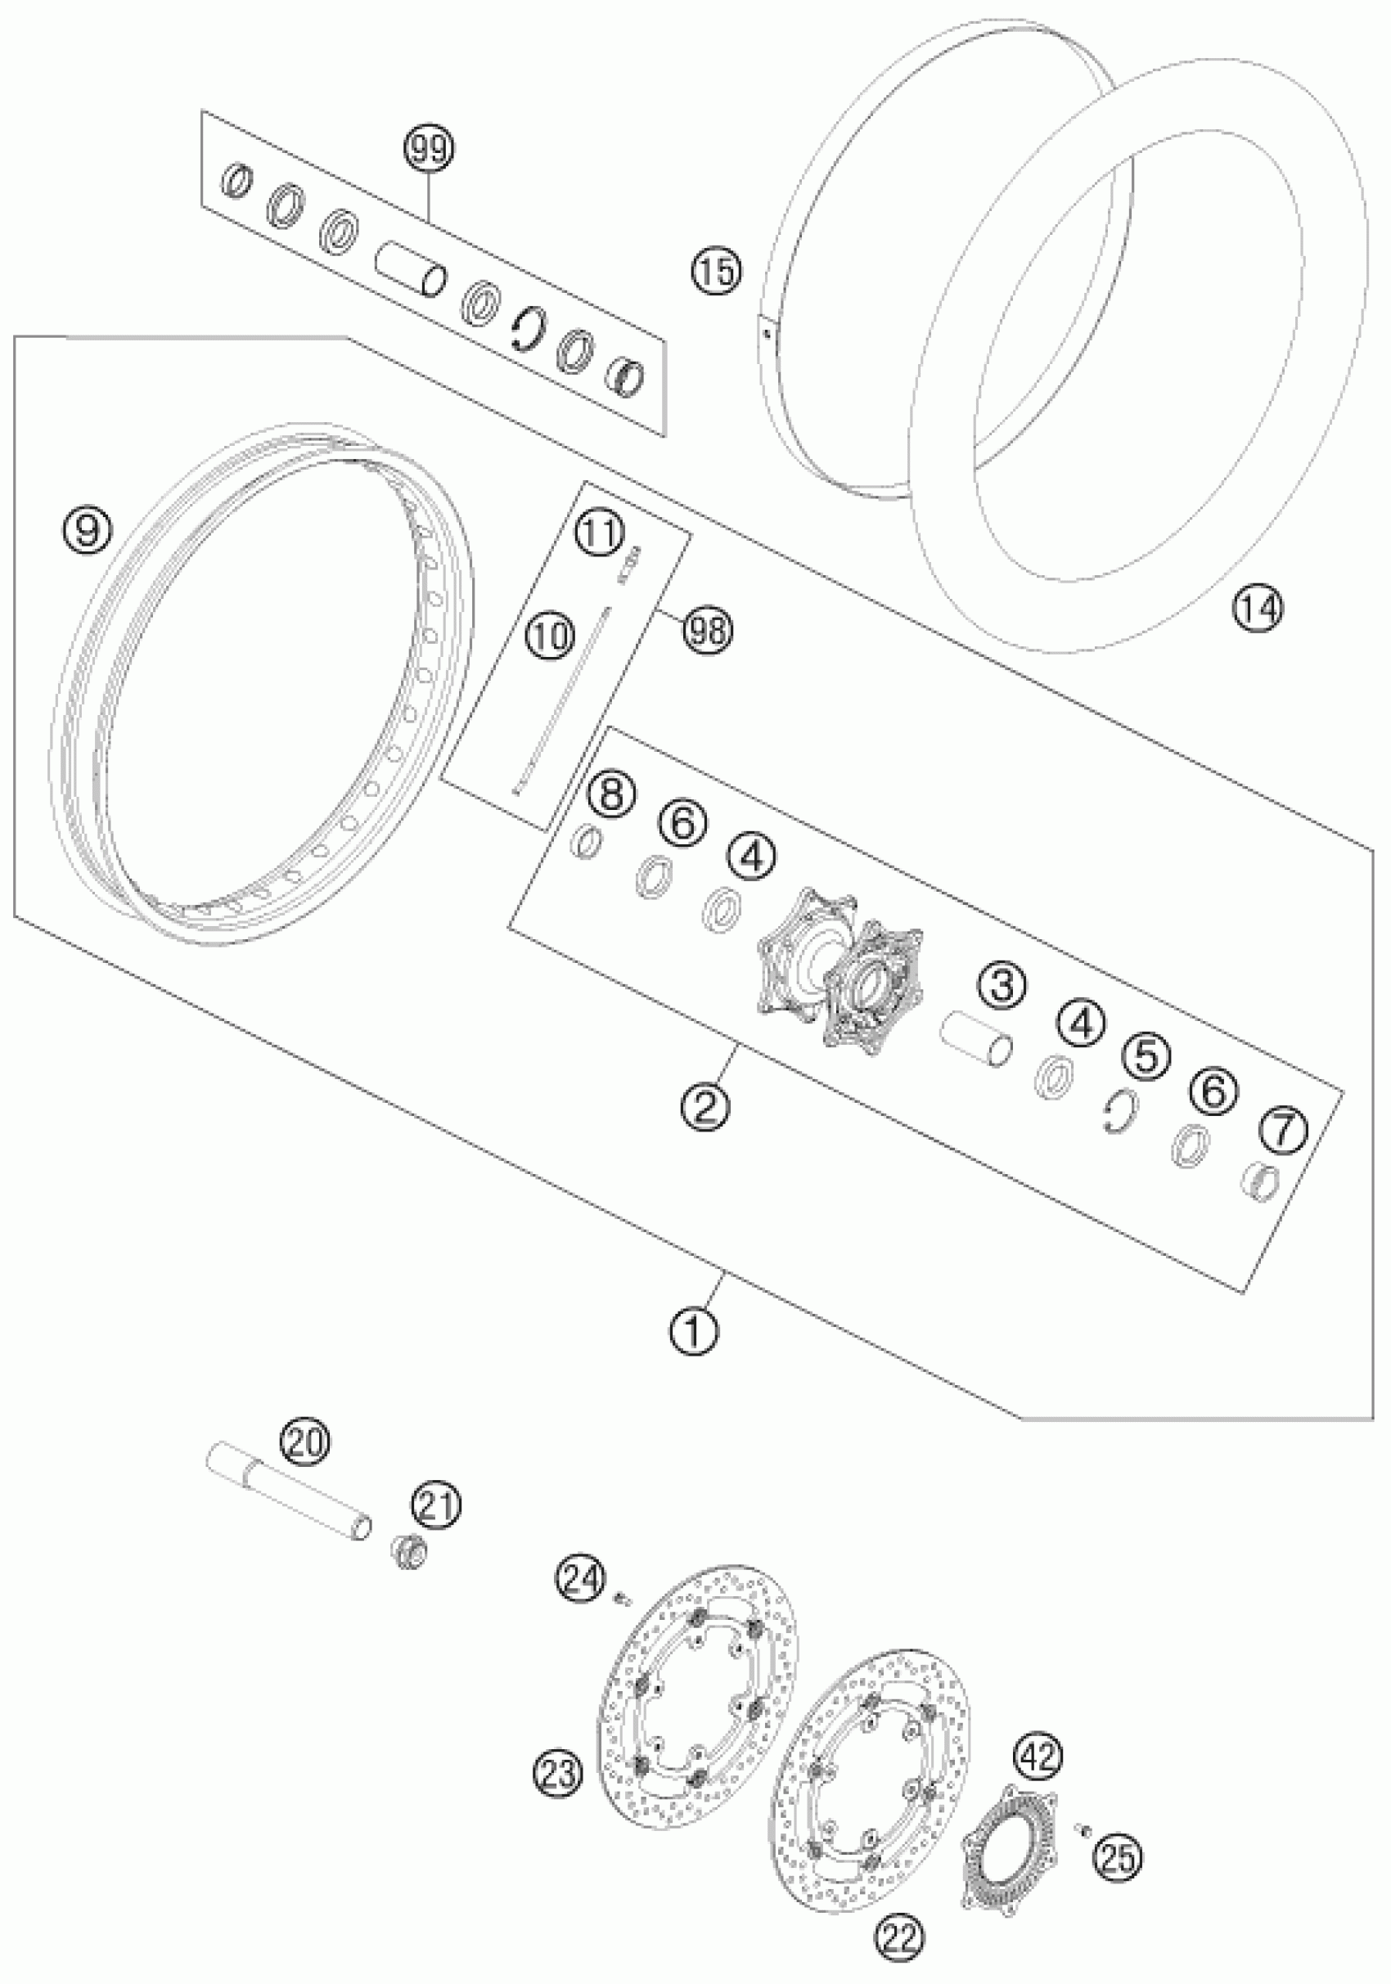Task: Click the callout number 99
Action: pos(430,150)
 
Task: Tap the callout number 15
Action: pos(716,272)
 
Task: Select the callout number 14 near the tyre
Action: pos(1257,609)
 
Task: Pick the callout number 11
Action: pos(599,533)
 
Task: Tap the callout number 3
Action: pos(1002,984)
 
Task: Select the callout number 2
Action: pos(705,1106)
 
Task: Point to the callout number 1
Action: pos(693,1332)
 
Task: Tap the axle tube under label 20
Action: pos(290,1496)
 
